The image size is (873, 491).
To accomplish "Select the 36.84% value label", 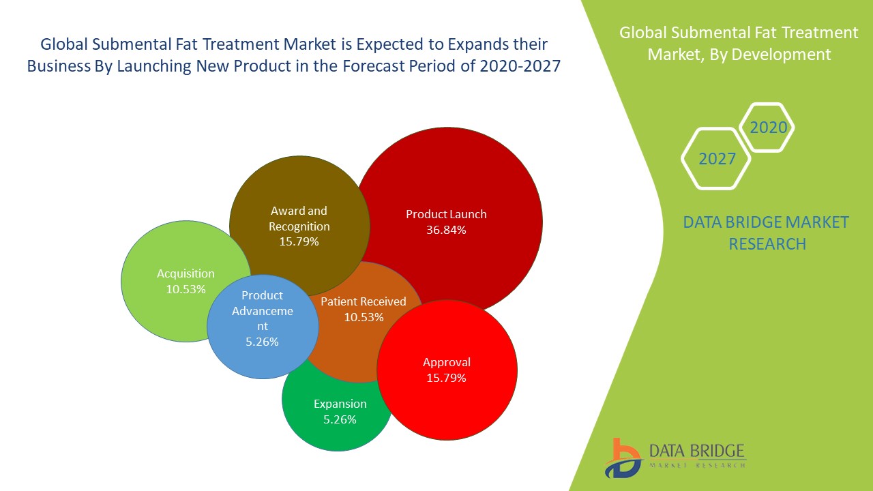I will pyautogui.click(x=446, y=230).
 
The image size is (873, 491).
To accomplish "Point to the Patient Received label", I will pyautogui.click(x=364, y=301).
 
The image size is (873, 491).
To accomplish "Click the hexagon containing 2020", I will pyautogui.click(x=768, y=128).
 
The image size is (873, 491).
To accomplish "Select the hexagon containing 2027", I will pyautogui.click(x=717, y=159).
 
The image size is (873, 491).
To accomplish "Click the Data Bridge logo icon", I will pyautogui.click(x=622, y=458).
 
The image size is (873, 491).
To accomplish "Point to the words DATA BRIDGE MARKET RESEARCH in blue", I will pyautogui.click(x=767, y=233).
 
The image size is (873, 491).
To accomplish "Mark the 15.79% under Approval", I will pyautogui.click(x=446, y=378).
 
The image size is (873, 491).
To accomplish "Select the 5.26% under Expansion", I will pyautogui.click(x=340, y=419).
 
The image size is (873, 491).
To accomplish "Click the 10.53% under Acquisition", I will pyautogui.click(x=186, y=289).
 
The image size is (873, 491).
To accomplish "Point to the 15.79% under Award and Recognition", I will pyautogui.click(x=299, y=241).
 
